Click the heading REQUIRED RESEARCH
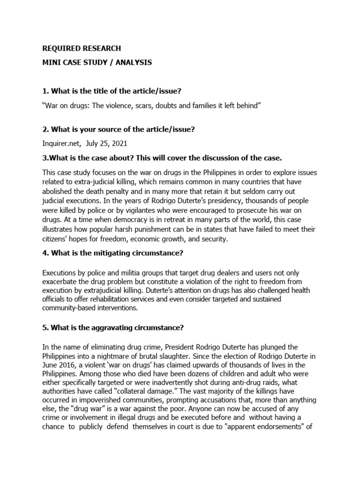click(x=82, y=48)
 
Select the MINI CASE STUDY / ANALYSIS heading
click(x=97, y=62)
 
